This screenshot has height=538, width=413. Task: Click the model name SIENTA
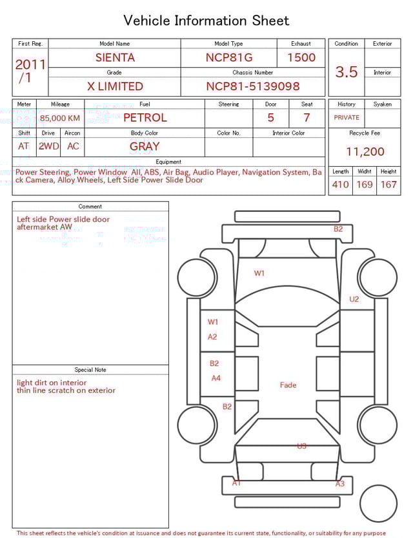tap(115, 57)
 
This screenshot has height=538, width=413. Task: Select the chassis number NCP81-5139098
tap(252, 86)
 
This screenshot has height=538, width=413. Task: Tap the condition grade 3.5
tap(346, 72)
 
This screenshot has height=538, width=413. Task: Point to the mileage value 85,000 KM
tap(60, 118)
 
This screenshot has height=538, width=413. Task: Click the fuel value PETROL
tap(145, 118)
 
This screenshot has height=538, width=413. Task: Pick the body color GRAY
tap(145, 146)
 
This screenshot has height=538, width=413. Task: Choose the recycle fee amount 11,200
tap(365, 152)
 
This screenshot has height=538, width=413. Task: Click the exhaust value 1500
tap(301, 57)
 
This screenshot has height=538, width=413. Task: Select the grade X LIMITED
tap(115, 86)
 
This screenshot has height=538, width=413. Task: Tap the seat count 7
tap(307, 118)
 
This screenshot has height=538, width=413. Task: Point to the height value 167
tap(388, 185)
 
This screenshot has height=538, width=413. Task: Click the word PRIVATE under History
tap(347, 118)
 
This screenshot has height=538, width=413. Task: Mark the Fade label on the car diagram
tap(288, 385)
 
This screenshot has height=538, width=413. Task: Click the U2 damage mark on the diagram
tap(354, 299)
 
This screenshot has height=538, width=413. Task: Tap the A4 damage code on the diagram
tap(216, 378)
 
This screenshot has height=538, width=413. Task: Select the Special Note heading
tap(90, 370)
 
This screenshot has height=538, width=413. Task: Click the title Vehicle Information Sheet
tap(206, 21)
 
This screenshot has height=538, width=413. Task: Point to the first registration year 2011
tap(30, 65)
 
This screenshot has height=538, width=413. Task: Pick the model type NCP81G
tap(229, 57)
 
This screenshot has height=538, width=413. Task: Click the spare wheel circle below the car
tap(378, 504)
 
